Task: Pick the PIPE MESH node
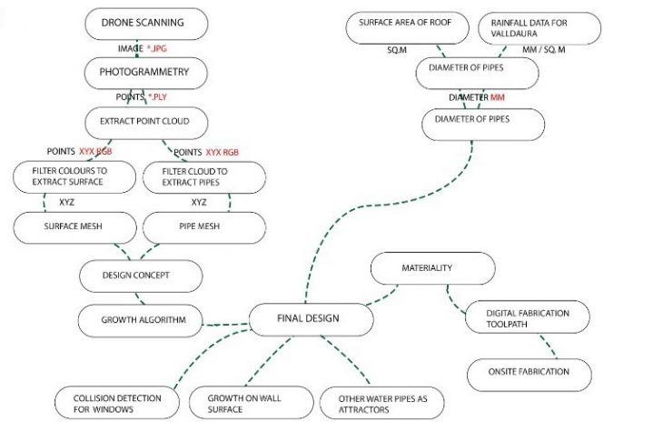[x=203, y=226]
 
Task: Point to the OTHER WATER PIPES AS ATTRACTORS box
[x=376, y=403]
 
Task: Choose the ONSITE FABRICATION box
[x=529, y=372]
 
